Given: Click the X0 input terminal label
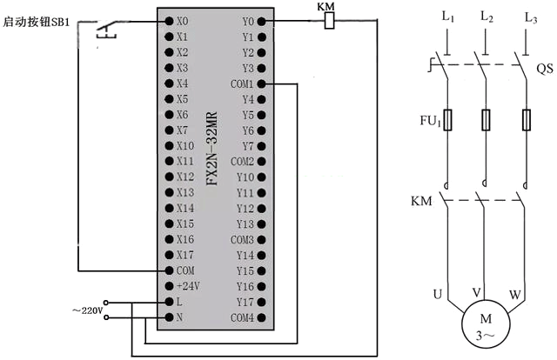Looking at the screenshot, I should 182,21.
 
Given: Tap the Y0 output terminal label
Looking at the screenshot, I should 247,21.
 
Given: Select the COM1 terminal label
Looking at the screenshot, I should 242,83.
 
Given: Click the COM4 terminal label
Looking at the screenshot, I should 242,317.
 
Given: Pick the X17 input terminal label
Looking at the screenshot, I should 184,255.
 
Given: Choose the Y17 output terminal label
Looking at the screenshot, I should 245,302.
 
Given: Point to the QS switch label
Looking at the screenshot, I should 544,67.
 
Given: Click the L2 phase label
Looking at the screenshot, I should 487,18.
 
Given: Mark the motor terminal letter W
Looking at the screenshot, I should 514,295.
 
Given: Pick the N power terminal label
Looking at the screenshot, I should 180,317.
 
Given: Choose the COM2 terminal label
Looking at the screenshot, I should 242,162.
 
